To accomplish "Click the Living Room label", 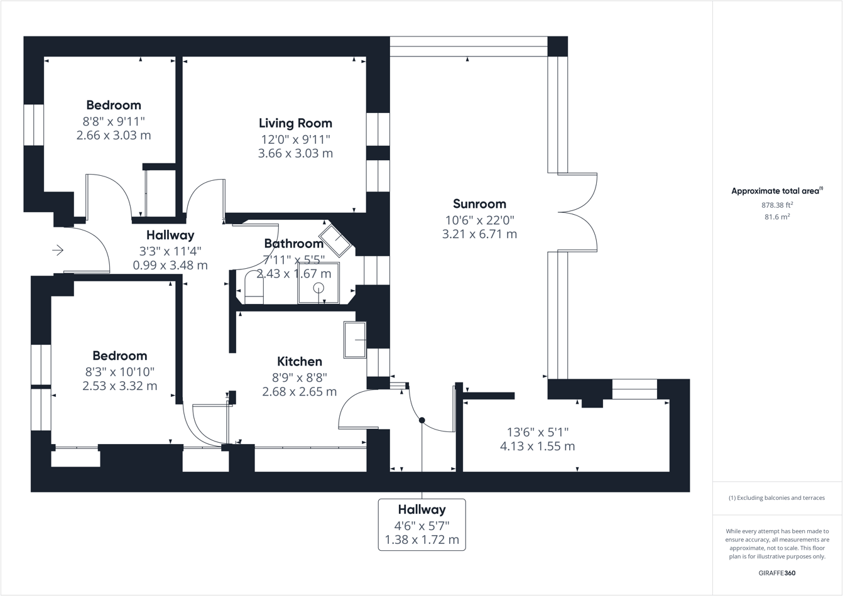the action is [x=295, y=123].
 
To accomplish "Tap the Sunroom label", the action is [x=479, y=203].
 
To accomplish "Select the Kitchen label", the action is [x=300, y=361].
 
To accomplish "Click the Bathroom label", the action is [x=293, y=243].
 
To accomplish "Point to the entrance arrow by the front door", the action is [x=58, y=251].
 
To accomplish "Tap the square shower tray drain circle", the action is [x=318, y=288].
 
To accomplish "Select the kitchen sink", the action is [x=355, y=340].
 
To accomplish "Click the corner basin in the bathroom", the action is [x=340, y=239].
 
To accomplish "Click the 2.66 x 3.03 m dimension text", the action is [x=114, y=135].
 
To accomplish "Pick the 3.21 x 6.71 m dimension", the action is [x=479, y=234].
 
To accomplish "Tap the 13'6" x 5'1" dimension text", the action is [x=537, y=432].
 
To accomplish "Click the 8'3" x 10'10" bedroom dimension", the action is [x=119, y=372].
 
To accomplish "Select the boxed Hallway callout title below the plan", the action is [x=421, y=509].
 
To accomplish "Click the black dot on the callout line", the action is [x=422, y=420].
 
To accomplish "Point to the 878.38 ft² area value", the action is [x=777, y=205].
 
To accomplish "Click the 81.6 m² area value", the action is [x=777, y=217].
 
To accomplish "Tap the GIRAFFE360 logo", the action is [x=777, y=573].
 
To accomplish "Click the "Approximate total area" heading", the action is [x=776, y=191].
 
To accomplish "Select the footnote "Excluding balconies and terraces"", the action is [x=776, y=498].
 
